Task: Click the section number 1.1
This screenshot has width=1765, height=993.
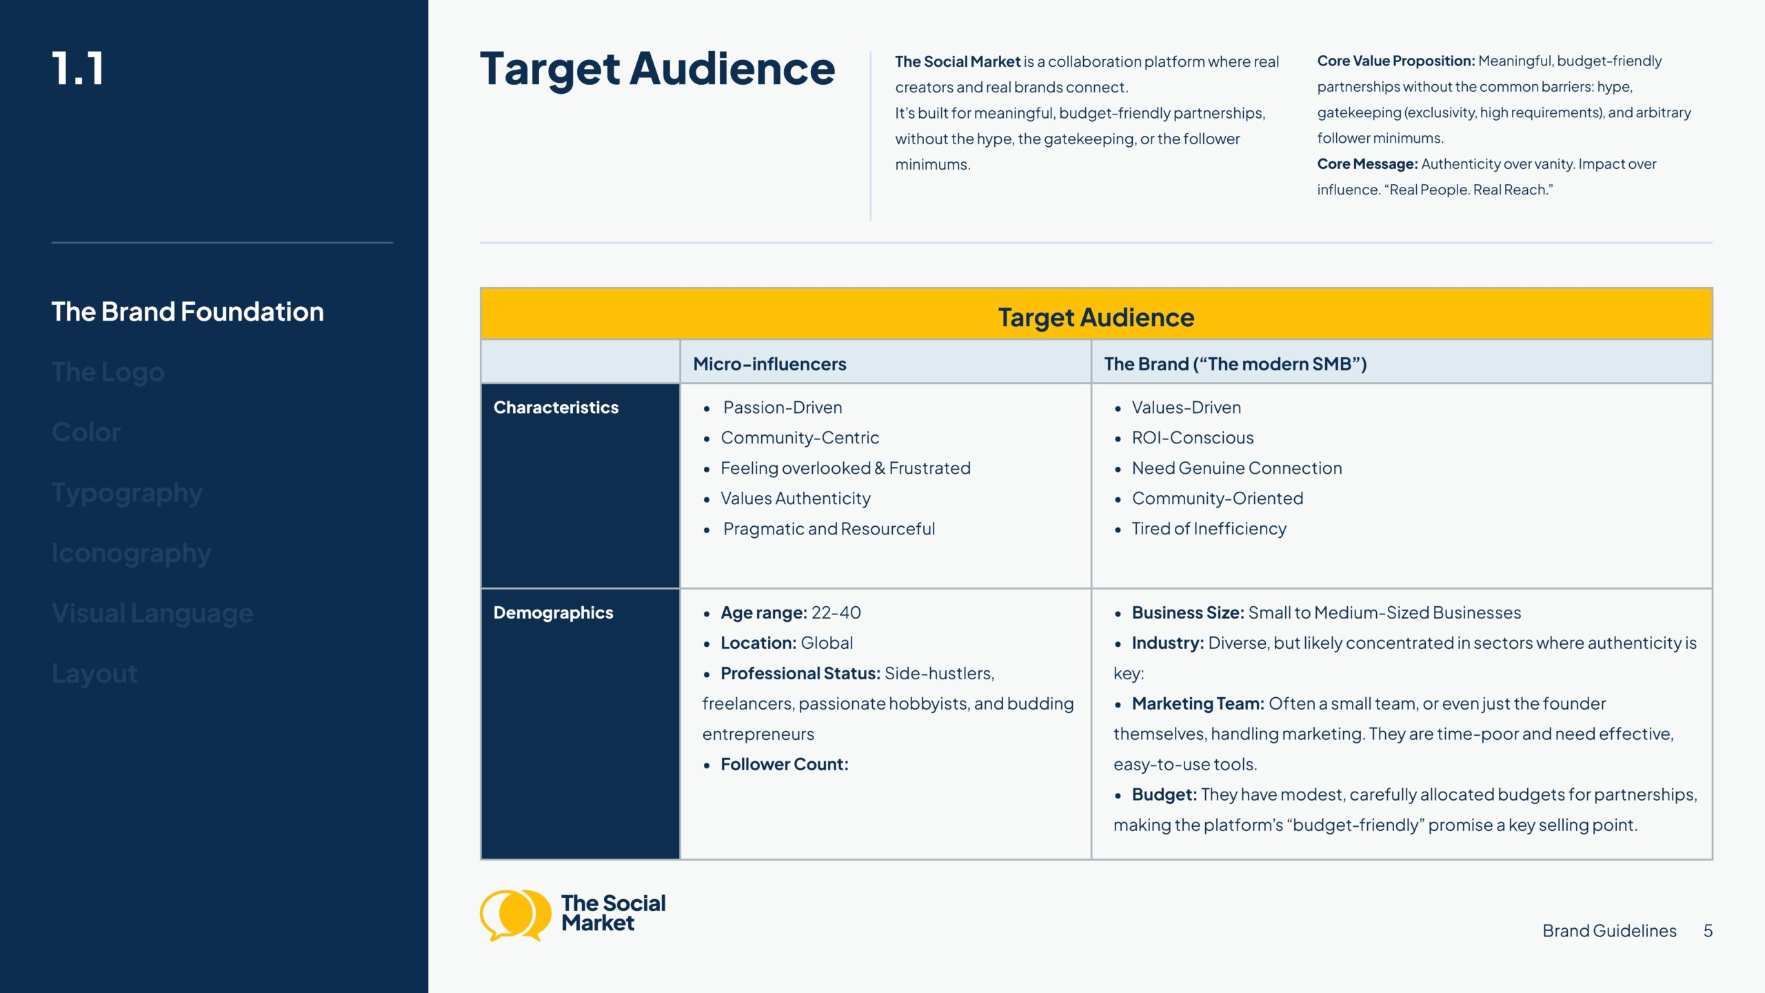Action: pos(78,69)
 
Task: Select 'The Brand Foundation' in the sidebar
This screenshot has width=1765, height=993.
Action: pos(188,312)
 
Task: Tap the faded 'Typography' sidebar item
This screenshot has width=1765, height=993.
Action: pos(127,493)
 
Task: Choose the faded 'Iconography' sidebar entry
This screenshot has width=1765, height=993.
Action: pos(131,553)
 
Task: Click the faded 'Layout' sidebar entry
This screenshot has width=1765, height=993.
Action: pos(94,674)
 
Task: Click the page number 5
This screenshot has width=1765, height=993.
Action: pos(1708,931)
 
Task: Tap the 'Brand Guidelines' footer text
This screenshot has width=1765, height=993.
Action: pos(1609,931)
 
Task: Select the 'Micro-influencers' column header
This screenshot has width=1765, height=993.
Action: pos(769,364)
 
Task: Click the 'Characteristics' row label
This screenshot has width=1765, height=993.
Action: pos(556,408)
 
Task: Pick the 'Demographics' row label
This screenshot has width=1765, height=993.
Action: pos(553,613)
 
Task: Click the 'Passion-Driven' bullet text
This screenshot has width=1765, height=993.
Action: pos(783,408)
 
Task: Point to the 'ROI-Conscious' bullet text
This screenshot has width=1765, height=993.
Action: pos(1193,438)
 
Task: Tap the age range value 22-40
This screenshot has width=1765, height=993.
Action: pos(836,613)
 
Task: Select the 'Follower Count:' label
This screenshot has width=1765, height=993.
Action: pos(785,765)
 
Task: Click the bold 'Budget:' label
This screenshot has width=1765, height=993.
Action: pos(1164,795)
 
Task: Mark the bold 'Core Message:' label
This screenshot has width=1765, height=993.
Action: pos(1367,164)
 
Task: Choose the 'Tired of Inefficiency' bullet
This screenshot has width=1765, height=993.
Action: pos(1209,529)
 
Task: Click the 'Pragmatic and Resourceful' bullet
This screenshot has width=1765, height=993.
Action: pos(829,529)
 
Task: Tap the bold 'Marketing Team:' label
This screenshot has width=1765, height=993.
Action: pos(1198,704)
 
